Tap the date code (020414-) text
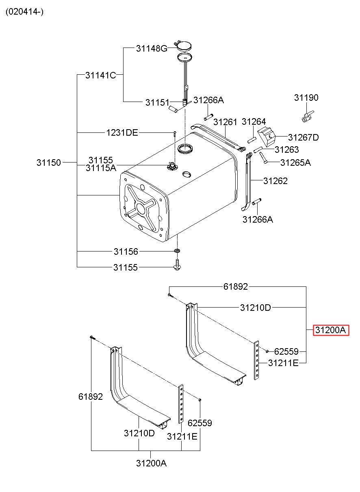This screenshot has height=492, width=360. click(25, 11)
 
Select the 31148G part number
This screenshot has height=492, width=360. click(152, 48)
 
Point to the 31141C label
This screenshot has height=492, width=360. click(101, 75)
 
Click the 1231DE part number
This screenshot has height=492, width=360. click(122, 133)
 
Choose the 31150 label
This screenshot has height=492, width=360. click(48, 163)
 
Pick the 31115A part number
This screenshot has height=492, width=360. click(101, 168)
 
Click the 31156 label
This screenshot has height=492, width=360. click(126, 251)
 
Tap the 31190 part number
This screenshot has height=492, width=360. click(306, 98)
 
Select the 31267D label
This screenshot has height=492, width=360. click(304, 137)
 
